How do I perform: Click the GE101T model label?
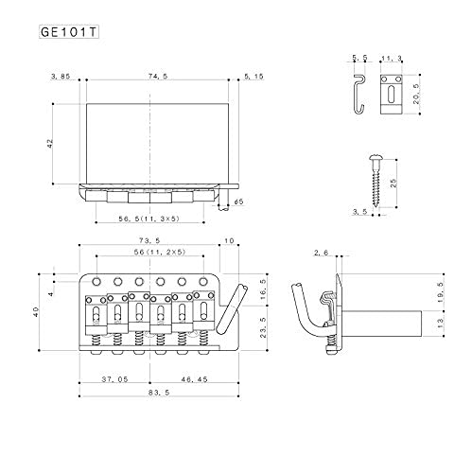pyautogui.click(x=69, y=32)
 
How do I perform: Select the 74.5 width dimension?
pyautogui.click(x=158, y=76)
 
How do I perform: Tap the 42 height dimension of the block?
pyautogui.click(x=50, y=144)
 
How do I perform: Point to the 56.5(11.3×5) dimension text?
pyautogui.click(x=149, y=219)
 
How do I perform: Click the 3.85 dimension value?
pyautogui.click(x=61, y=77)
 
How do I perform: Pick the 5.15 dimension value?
pyautogui.click(x=253, y=77)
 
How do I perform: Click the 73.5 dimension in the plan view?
pyautogui.click(x=149, y=240)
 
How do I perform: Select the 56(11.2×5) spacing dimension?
pyautogui.click(x=160, y=252)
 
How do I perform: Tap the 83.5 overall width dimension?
pyautogui.click(x=159, y=393)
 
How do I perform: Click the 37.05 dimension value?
pyautogui.click(x=114, y=379)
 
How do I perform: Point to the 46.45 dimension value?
pyautogui.click(x=194, y=379)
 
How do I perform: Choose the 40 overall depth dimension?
pyautogui.click(x=36, y=312)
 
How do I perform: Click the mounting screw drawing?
pyautogui.click(x=376, y=181)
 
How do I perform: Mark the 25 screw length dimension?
pyautogui.click(x=393, y=184)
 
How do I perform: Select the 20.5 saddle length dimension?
pyautogui.click(x=416, y=94)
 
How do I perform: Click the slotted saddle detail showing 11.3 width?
pyautogui.click(x=391, y=95)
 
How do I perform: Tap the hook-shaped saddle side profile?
pyautogui.click(x=359, y=94)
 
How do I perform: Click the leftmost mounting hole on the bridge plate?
pyautogui.click(x=96, y=281)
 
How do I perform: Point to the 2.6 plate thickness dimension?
pyautogui.click(x=322, y=253)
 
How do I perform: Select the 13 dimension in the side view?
pyautogui.click(x=441, y=324)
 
